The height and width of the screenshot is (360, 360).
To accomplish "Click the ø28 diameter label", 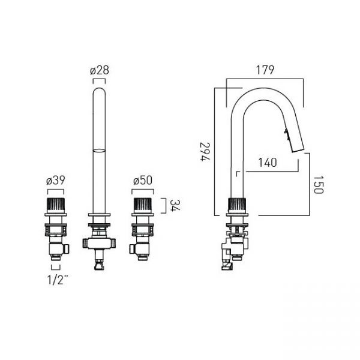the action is pos(100,70).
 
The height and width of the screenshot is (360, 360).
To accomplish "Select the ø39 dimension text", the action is pos(56,180).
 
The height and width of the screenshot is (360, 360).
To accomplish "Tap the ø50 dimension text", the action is pos(143,180).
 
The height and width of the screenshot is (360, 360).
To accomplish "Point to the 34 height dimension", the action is pos(175,205).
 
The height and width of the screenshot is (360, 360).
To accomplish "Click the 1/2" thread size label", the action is pos(58,280).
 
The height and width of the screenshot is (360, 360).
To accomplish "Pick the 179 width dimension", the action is pos(265,70).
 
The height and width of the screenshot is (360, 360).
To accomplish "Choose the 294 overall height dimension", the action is pos(205,152).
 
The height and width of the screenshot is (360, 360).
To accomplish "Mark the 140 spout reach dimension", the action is pos(268,163).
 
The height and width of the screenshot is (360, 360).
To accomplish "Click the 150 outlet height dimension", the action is pos(318,185).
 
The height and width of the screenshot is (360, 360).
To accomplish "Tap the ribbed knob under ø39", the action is pos(56,205).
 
